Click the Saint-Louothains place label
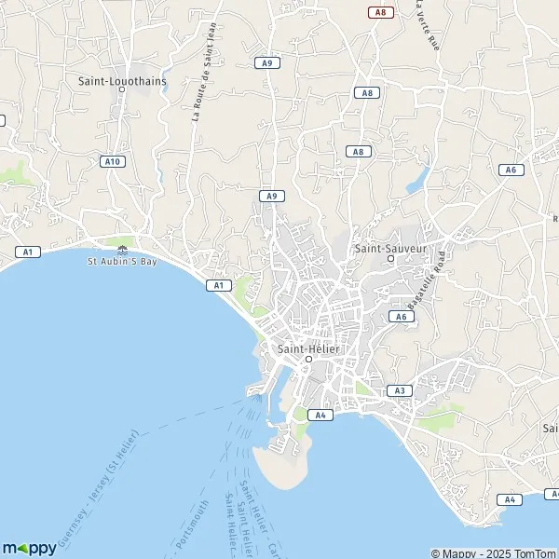coord(122,80)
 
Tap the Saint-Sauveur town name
coord(390,249)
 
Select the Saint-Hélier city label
coord(308,348)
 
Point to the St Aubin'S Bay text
coord(124,261)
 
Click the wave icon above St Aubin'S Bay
coord(124,249)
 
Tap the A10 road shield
coord(112,161)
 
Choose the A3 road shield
coord(399,390)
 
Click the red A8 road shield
coord(379,11)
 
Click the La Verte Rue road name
coord(427,28)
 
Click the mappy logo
coord(30,548)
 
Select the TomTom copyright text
coord(494,552)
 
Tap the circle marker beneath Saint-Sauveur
coord(390,259)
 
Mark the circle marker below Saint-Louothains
coord(122,90)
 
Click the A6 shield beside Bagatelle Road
coord(401,317)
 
